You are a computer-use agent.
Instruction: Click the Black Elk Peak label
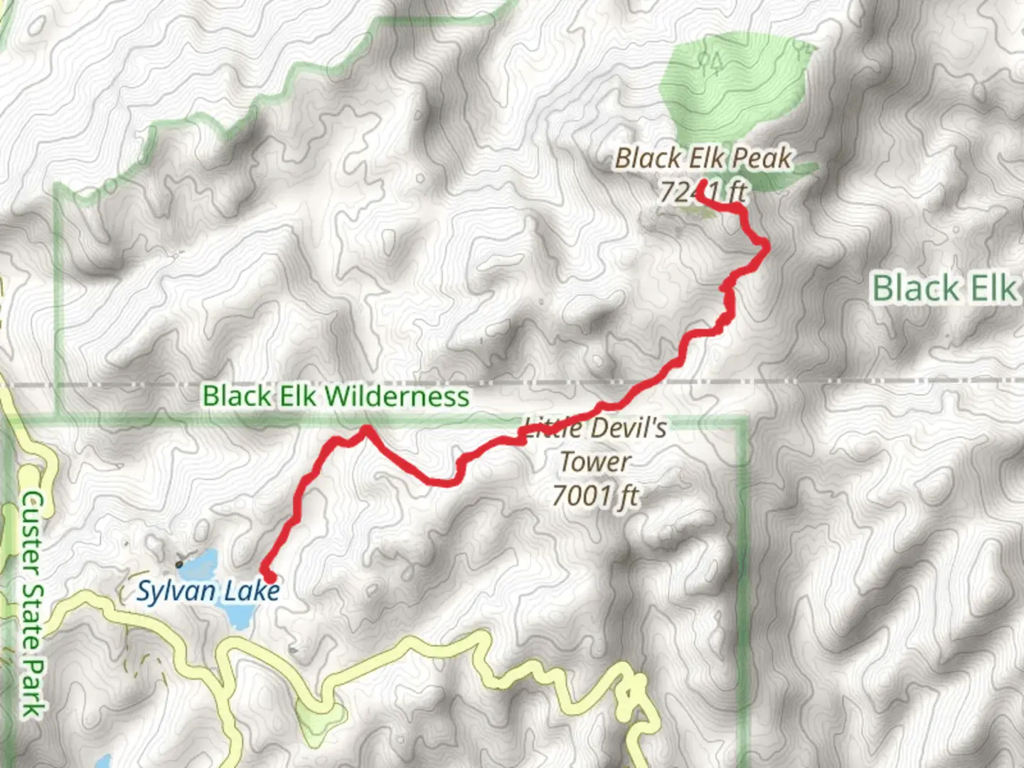point(703,158)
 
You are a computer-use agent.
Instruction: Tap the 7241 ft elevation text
point(703,192)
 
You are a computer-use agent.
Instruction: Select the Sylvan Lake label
point(208,592)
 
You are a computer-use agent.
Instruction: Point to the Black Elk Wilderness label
point(336,396)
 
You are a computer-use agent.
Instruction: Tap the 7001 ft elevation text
point(596,496)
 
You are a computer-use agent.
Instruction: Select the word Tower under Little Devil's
point(594,462)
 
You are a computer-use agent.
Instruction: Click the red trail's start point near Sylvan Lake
point(267,575)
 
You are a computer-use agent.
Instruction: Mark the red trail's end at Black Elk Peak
point(700,184)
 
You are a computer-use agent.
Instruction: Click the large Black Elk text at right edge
point(944,289)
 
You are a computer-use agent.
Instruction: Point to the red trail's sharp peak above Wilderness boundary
point(366,428)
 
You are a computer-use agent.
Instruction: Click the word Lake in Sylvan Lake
point(252,592)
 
